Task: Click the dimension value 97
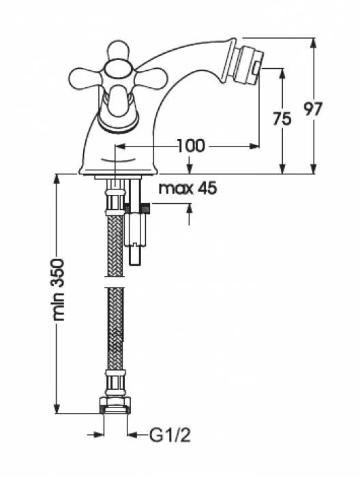(314, 109)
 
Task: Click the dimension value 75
(282, 119)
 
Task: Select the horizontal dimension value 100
(191, 147)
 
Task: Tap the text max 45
(187, 189)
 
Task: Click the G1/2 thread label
(170, 435)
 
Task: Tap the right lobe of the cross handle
(150, 78)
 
